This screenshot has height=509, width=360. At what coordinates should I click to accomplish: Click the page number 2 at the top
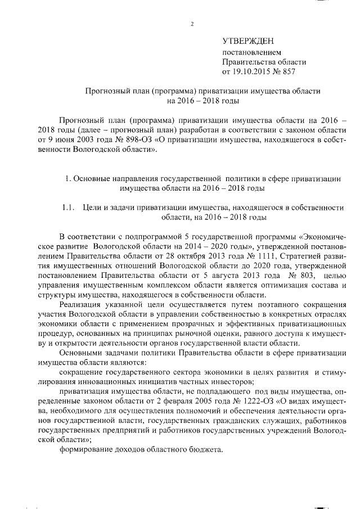click(192, 24)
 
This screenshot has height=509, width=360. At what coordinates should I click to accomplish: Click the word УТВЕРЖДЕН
click(247, 42)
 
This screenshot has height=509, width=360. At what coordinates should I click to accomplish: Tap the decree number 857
click(288, 72)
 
